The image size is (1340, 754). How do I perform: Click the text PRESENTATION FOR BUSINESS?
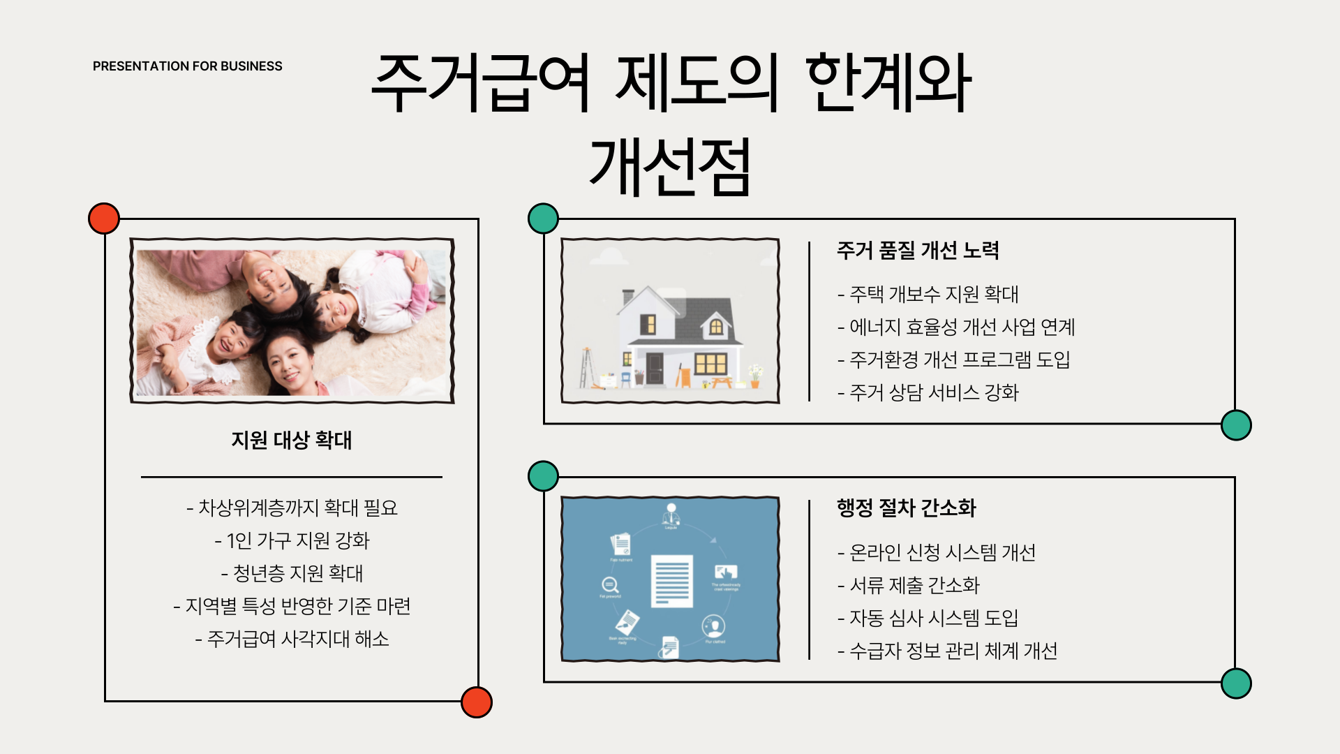(x=187, y=66)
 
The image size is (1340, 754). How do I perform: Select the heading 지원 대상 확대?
(x=292, y=441)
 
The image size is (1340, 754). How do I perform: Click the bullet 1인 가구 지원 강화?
(x=292, y=540)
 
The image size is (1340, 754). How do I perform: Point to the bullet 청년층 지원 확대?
(x=292, y=573)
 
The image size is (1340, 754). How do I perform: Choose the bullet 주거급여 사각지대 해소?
(x=292, y=639)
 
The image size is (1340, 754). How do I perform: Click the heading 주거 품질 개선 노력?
(x=918, y=250)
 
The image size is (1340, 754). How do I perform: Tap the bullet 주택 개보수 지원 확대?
(x=928, y=295)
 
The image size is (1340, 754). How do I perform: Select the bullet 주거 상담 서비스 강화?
(x=928, y=392)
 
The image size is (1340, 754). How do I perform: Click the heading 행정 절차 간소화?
(x=906, y=508)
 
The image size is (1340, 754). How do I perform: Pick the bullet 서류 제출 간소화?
(x=909, y=585)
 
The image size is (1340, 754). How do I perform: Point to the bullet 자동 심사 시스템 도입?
(x=928, y=618)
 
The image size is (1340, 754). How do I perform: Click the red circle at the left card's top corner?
(x=104, y=219)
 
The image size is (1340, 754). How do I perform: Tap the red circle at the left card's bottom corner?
(x=477, y=702)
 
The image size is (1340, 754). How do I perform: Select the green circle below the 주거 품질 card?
(x=1236, y=425)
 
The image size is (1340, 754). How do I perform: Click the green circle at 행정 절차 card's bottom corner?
(x=1236, y=683)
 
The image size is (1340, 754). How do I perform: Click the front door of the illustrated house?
(x=655, y=368)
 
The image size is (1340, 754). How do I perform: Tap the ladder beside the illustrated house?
(x=586, y=367)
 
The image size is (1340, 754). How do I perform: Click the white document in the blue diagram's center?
(x=671, y=581)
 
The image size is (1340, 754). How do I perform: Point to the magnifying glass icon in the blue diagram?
(x=609, y=585)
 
